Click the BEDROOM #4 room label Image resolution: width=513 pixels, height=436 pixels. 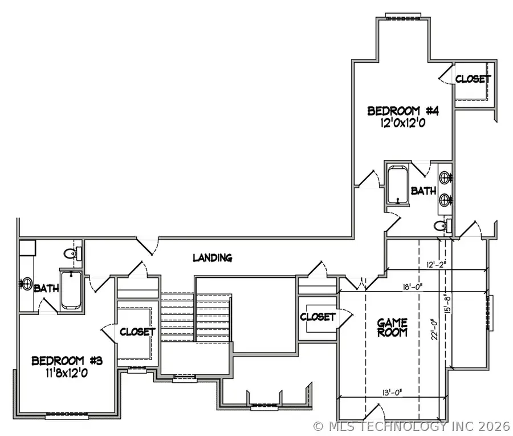click(x=394, y=111)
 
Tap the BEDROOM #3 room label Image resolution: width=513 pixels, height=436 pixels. click(x=58, y=361)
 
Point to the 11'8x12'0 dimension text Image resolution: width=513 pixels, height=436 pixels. click(x=58, y=374)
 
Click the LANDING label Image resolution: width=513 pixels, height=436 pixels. click(x=212, y=257)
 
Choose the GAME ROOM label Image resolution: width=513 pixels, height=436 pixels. click(x=392, y=328)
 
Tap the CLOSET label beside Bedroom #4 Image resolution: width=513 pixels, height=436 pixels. click(x=473, y=79)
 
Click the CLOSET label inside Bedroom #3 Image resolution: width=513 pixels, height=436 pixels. click(x=137, y=331)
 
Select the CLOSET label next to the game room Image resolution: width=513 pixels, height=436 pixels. click(x=317, y=316)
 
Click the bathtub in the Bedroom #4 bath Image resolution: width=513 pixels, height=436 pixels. click(x=397, y=184)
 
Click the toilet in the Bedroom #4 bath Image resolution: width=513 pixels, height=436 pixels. click(x=441, y=226)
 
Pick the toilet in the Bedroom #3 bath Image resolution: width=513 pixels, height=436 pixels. click(x=70, y=253)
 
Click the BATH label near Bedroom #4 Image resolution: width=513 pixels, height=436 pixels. click(x=424, y=191)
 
